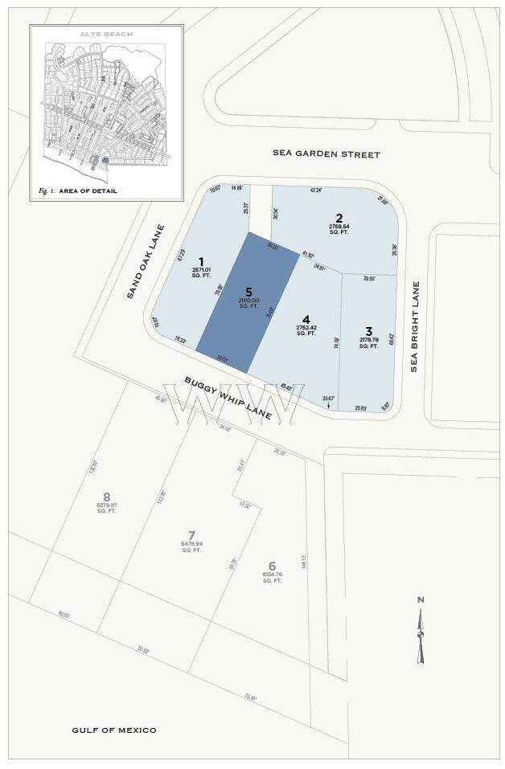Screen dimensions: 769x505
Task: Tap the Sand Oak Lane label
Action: [x=145, y=262]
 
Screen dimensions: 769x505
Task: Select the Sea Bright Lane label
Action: [x=415, y=326]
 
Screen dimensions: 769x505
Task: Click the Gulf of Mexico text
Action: [x=113, y=730]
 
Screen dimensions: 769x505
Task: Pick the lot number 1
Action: [x=201, y=261]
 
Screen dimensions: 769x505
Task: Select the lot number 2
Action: [x=339, y=218]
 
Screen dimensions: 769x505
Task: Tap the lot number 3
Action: [x=368, y=330]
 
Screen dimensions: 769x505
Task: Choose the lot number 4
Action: [x=306, y=317]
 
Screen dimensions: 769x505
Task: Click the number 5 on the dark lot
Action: [x=248, y=292]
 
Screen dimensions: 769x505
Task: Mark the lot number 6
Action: [x=272, y=566]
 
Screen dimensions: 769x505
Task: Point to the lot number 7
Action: [x=191, y=535]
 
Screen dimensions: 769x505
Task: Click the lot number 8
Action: [x=106, y=496]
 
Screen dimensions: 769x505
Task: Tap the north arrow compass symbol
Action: [x=420, y=635]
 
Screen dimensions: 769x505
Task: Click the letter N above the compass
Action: [x=420, y=599]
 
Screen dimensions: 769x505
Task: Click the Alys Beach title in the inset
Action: [x=106, y=35]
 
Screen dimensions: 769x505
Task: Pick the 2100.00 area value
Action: [x=248, y=301]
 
